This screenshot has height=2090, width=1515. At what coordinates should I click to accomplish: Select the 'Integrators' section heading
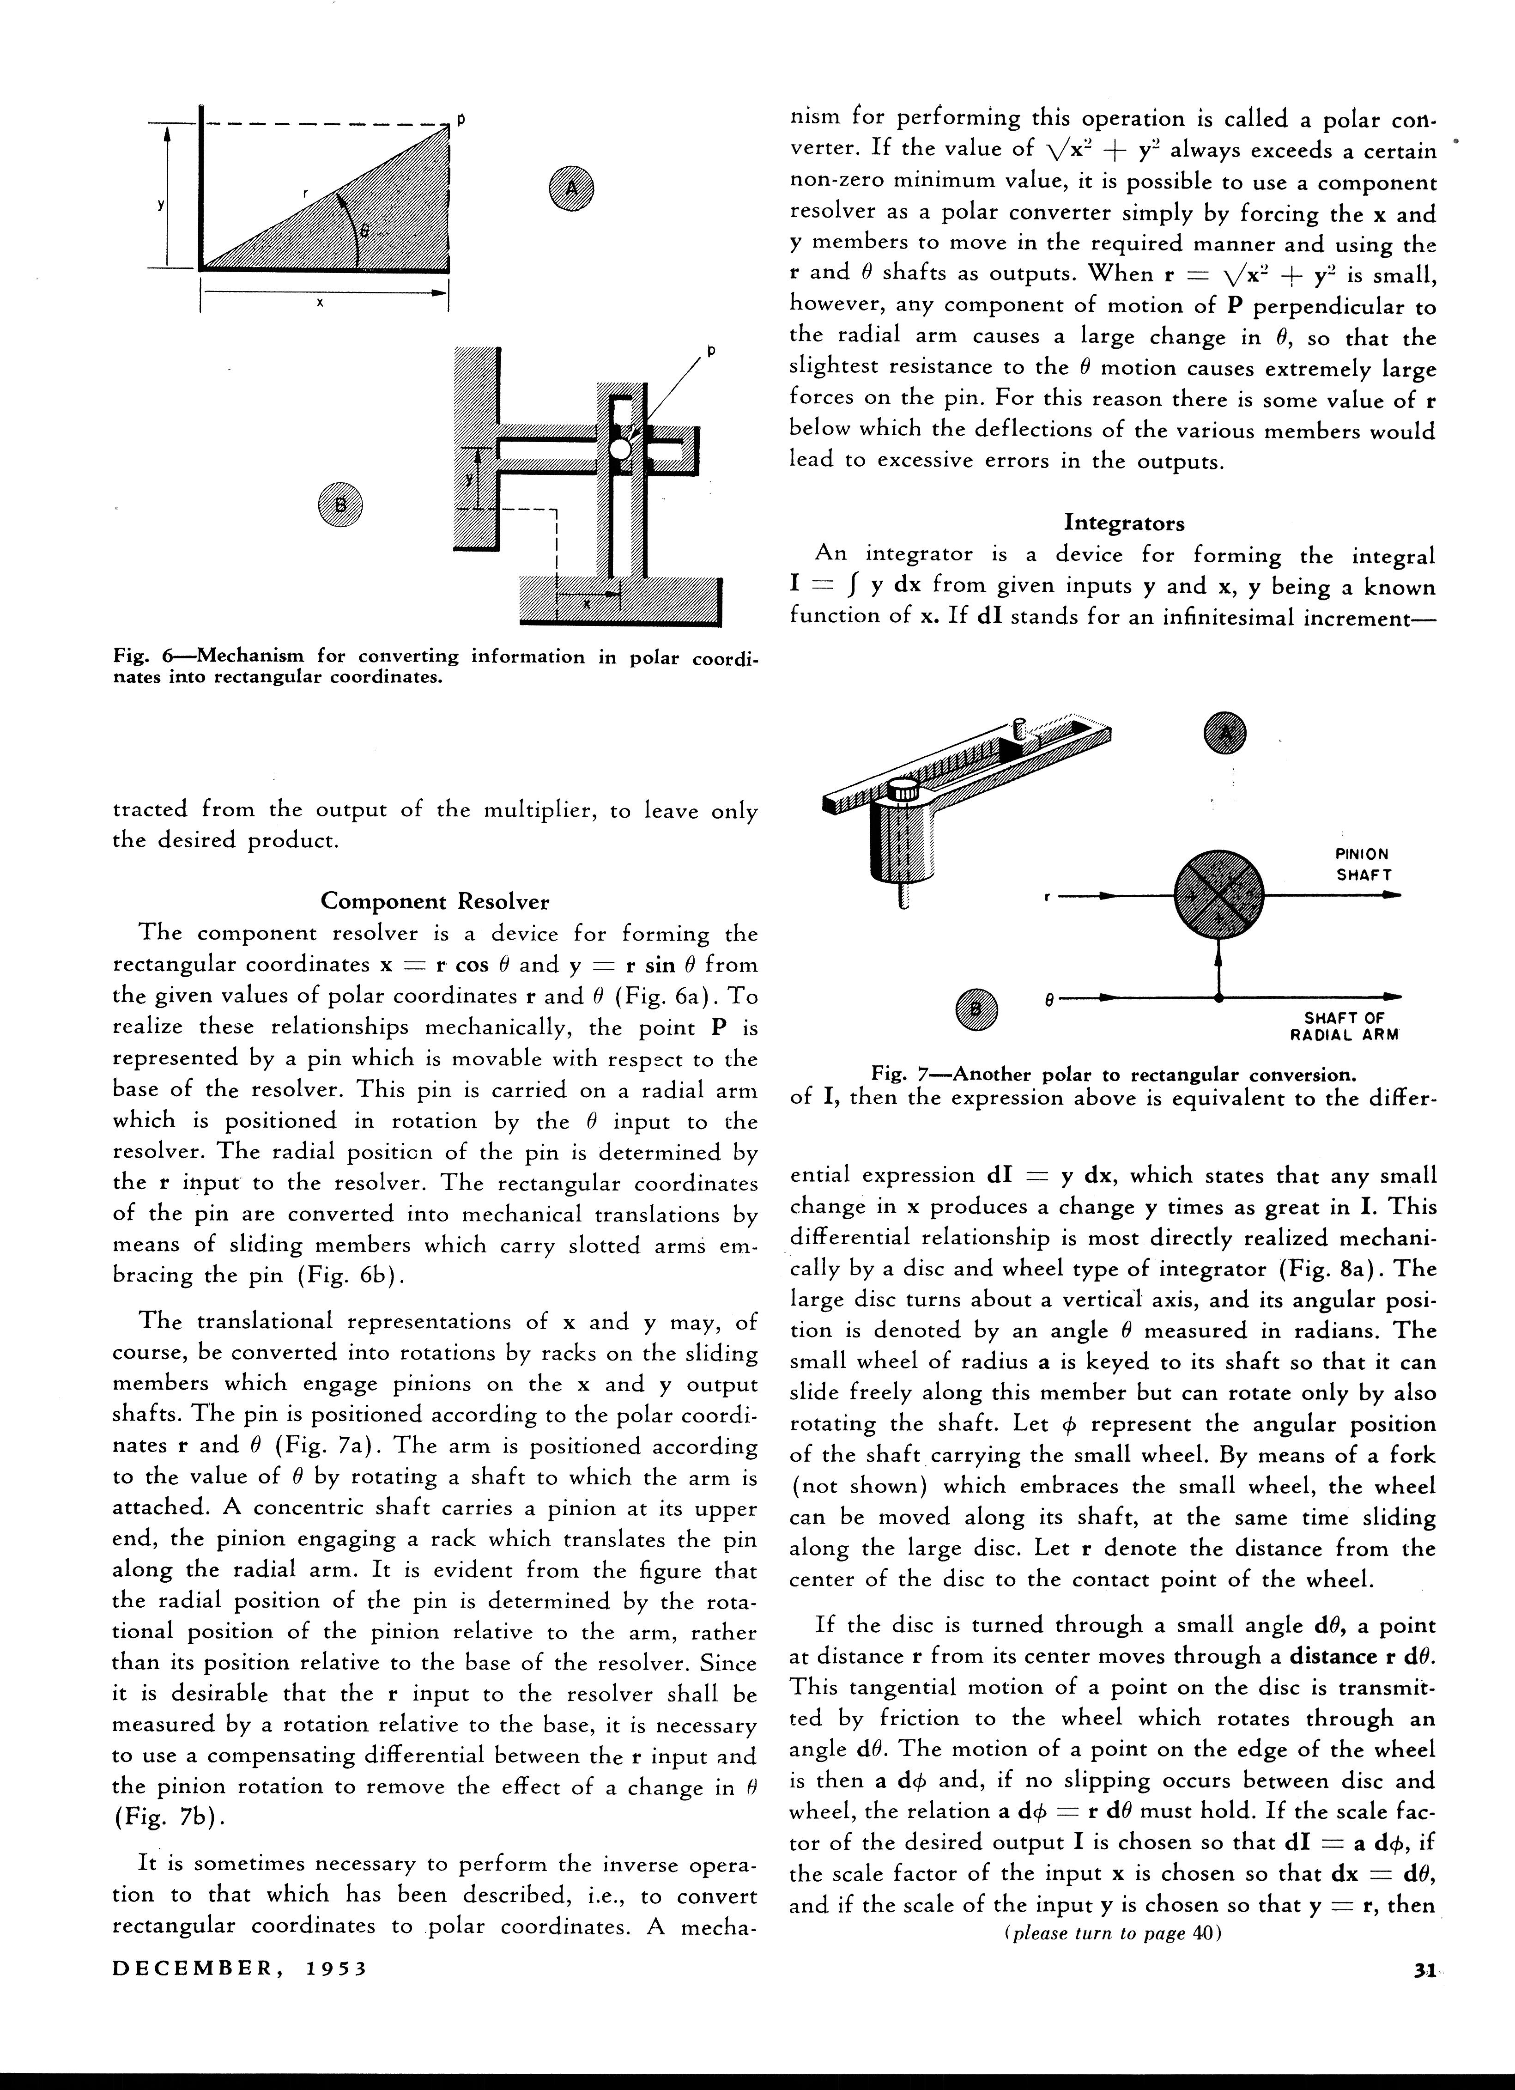(x=1124, y=522)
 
